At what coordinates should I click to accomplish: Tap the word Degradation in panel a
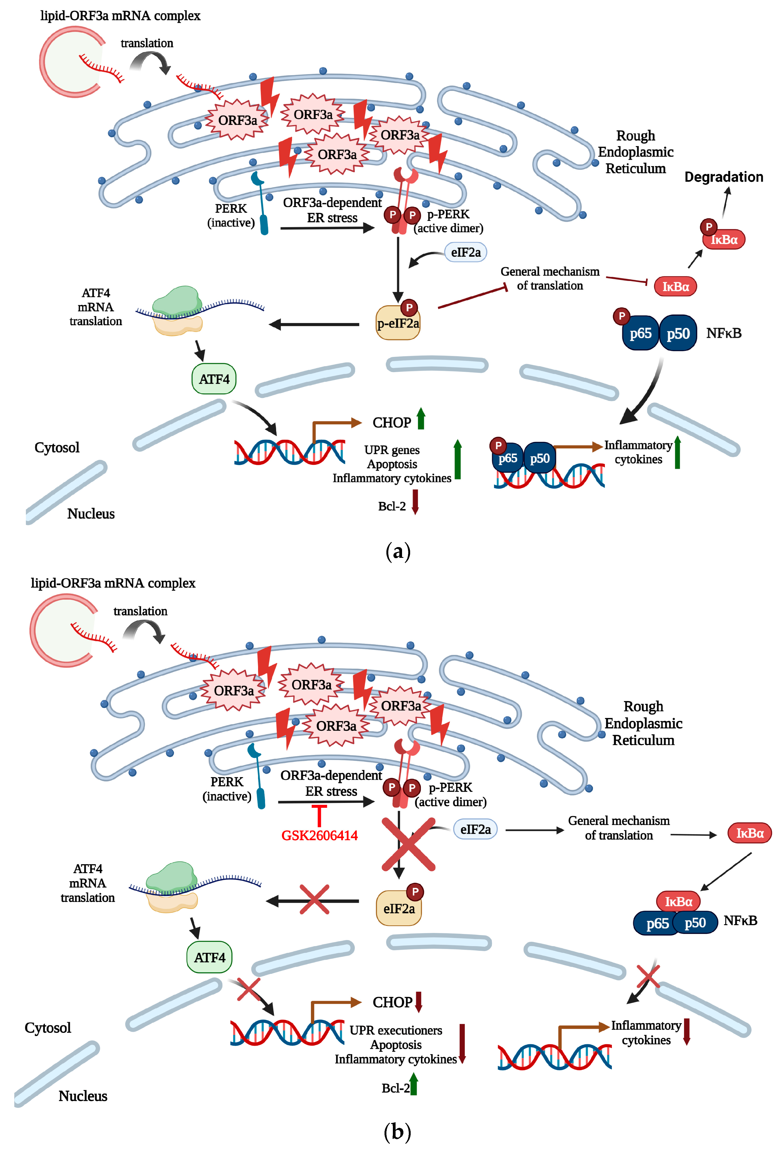tap(723, 177)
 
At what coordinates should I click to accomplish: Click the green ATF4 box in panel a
tap(214, 379)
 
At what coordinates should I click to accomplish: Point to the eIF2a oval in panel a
tap(465, 252)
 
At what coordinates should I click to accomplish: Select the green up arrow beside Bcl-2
tap(414, 1084)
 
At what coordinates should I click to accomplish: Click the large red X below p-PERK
tap(408, 845)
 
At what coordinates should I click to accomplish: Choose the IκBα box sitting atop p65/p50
tap(678, 901)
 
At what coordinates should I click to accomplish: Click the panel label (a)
tap(398, 551)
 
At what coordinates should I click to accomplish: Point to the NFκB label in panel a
tap(723, 333)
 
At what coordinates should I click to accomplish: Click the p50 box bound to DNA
tap(540, 458)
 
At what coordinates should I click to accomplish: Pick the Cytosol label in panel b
tap(48, 1027)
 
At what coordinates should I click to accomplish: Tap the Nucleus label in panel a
tap(91, 513)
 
